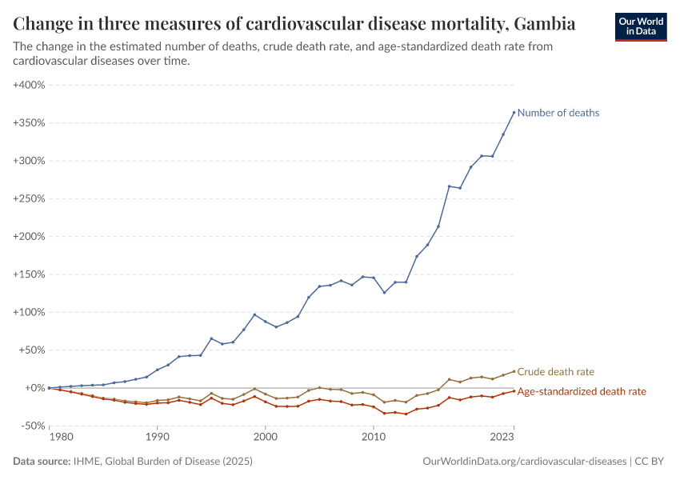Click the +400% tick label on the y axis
click(28, 85)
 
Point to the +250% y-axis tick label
click(28, 198)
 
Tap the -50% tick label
click(31, 426)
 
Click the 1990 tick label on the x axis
click(158, 438)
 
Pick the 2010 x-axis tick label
click(373, 438)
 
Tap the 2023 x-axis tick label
click(502, 438)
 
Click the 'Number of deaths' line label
click(558, 113)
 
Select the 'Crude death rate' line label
click(555, 372)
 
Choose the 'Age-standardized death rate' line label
click(582, 391)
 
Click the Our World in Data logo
click(640, 26)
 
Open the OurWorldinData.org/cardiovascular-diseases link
click(524, 462)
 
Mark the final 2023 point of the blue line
click(514, 113)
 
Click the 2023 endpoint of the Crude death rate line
click(514, 371)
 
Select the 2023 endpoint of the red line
click(514, 390)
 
